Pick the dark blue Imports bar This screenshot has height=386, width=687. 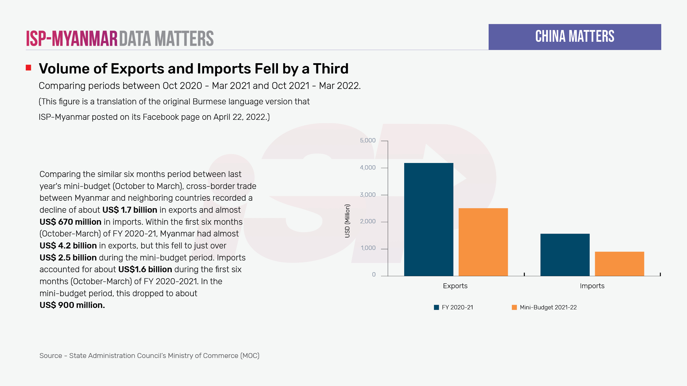[x=565, y=255]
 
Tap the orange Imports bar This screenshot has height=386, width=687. [x=619, y=264]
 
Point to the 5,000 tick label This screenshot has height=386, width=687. [x=368, y=140]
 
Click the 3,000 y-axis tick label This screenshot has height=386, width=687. [x=368, y=195]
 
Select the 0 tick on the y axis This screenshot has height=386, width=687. [x=374, y=274]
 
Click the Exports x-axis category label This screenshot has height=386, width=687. [x=455, y=286]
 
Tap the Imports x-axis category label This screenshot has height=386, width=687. [x=592, y=286]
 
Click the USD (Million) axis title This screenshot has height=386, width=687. [x=347, y=221]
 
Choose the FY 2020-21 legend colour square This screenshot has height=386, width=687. [x=436, y=307]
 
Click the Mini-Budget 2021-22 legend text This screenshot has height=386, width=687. [x=548, y=307]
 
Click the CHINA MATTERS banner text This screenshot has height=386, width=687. [x=575, y=37]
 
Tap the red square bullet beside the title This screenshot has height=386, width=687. [x=28, y=68]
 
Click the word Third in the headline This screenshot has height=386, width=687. [x=331, y=69]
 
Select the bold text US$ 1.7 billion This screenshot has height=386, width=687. [x=130, y=210]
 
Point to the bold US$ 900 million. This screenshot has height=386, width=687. [x=72, y=305]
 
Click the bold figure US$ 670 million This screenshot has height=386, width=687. [x=70, y=222]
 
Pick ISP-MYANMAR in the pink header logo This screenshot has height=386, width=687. [x=72, y=39]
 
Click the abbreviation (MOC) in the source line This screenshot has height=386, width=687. [x=250, y=356]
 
